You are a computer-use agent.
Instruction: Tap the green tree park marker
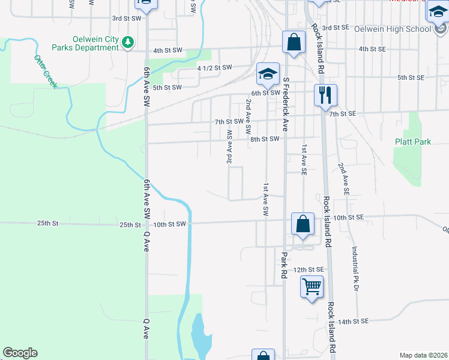127,42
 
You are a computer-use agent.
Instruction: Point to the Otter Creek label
45,72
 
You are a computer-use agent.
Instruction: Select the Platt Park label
413,142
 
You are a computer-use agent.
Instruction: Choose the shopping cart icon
312,287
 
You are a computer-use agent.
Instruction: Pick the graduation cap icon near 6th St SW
268,74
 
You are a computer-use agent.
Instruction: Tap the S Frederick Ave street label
286,104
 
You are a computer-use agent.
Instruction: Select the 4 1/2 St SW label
214,68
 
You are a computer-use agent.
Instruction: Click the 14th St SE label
352,322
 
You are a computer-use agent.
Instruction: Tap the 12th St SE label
309,270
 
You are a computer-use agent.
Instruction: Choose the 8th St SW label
265,139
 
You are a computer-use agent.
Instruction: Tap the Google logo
20,353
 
